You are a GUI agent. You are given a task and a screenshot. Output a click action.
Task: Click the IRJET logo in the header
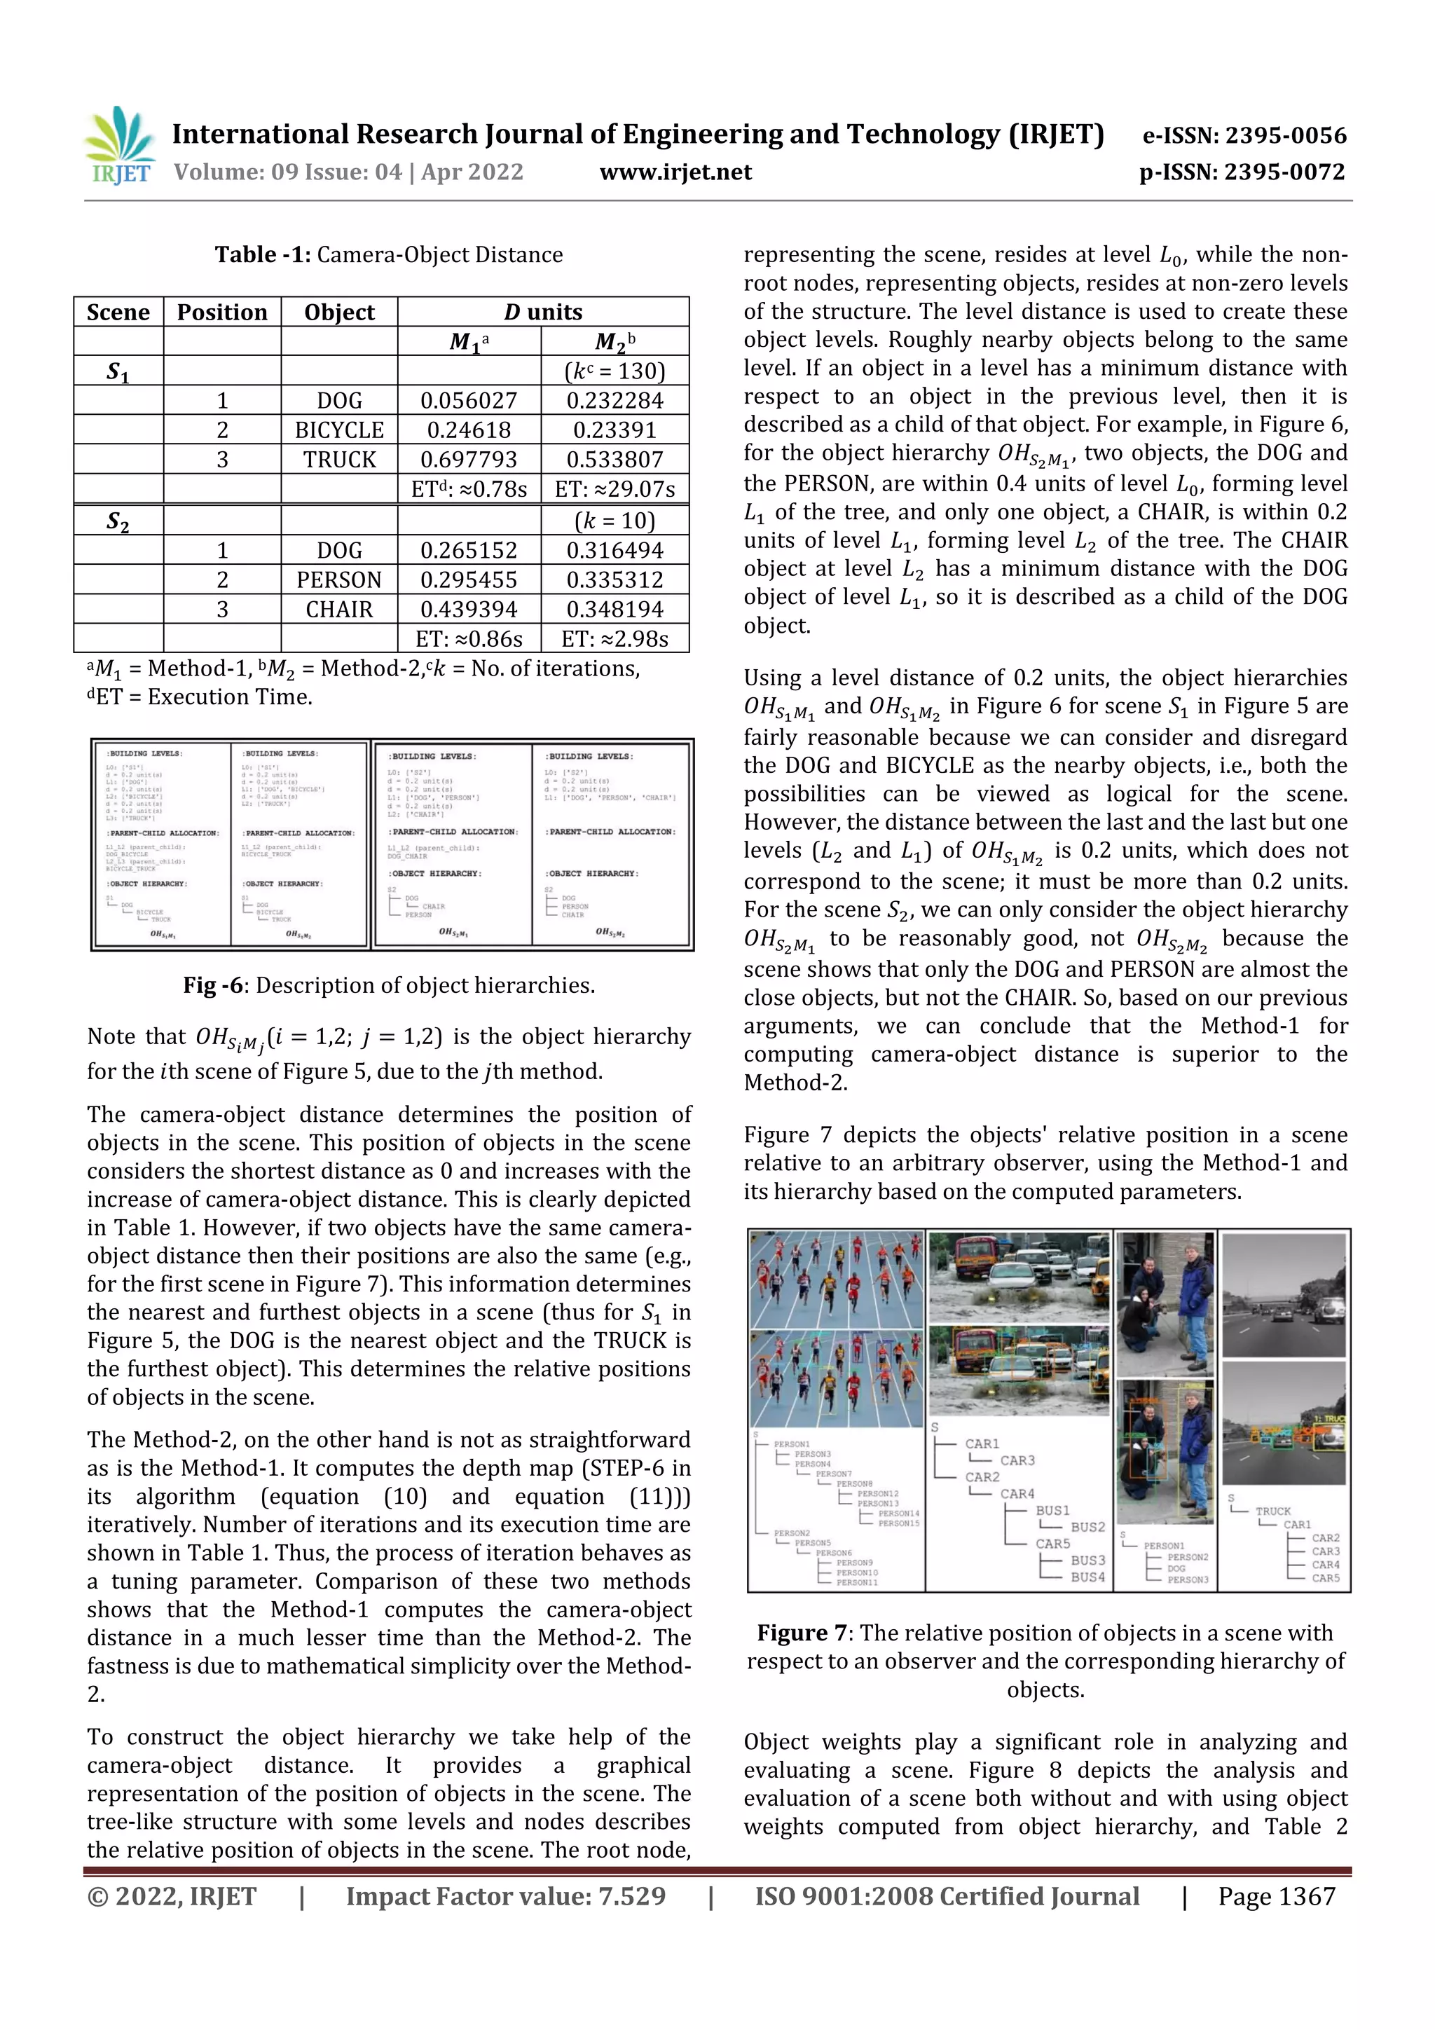coord(118,146)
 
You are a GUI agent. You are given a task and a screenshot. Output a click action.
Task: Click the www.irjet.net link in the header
coord(675,172)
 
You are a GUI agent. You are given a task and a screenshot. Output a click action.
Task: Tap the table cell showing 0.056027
coord(468,401)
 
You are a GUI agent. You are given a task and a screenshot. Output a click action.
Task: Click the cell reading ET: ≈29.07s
coord(614,489)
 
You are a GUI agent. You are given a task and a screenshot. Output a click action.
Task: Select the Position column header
coord(222,312)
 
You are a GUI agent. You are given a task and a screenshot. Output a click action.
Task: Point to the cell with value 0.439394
coord(468,609)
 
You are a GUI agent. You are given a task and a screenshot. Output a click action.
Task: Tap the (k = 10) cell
coord(614,521)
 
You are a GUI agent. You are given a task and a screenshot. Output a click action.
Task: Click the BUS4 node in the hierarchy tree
coord(1087,1577)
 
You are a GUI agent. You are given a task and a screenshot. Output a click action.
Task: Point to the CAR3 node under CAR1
coord(1017,1460)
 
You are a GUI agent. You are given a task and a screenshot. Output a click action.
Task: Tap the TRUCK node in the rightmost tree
coord(1272,1511)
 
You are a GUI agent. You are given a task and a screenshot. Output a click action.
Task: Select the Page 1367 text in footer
coord(1276,1895)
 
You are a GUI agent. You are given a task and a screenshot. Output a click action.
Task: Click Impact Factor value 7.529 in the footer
coord(505,1895)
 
